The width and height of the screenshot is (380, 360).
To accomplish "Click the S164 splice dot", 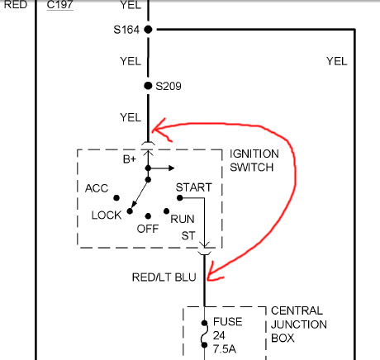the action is (148, 30).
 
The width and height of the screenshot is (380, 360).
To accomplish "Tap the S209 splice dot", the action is (148, 86).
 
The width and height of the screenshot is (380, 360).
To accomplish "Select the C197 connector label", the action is (59, 5).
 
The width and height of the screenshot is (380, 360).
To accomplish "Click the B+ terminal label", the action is (130, 159).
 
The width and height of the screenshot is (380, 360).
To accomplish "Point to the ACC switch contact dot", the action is (116, 198).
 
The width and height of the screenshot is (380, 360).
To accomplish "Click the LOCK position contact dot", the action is (130, 211).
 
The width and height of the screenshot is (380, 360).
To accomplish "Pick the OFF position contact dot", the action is (148, 216).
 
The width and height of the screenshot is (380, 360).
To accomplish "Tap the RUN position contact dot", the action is (166, 211).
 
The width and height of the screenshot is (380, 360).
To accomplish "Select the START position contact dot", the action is (180, 197).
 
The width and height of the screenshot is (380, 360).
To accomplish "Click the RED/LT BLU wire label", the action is (164, 277).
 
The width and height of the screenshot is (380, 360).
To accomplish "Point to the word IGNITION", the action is (254, 154).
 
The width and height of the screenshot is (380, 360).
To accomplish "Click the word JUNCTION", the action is (299, 324).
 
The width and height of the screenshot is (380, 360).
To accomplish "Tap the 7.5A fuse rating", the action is (225, 349).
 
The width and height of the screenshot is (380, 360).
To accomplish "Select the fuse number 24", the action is (219, 335).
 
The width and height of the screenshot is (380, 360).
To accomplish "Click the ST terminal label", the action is (188, 236).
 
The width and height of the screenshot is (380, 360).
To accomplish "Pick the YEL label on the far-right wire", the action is (337, 61).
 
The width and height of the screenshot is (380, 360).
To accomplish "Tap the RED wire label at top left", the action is (16, 5).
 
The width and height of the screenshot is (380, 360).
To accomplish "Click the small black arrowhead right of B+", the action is (172, 168).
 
